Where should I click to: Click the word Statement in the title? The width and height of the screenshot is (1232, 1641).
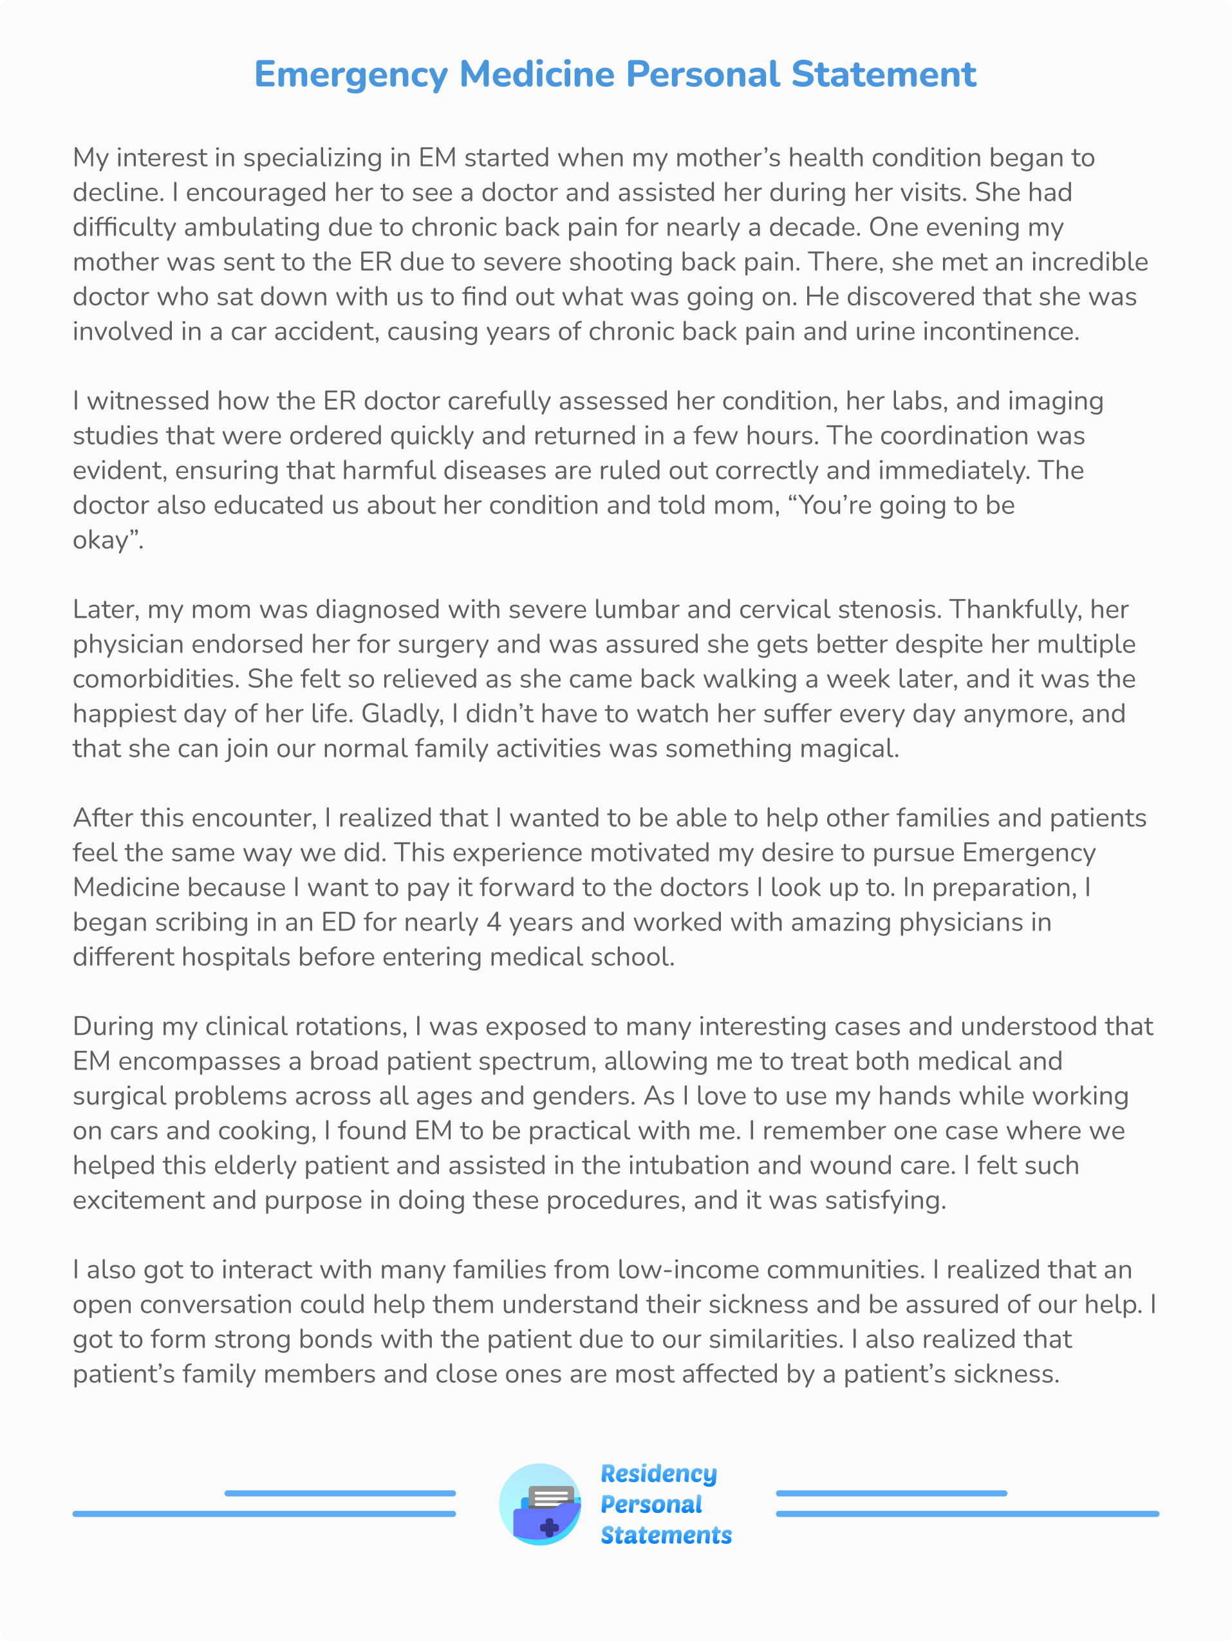click(883, 74)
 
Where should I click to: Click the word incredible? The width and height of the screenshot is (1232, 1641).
click(1088, 262)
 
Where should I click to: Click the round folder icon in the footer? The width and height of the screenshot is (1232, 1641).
click(540, 1505)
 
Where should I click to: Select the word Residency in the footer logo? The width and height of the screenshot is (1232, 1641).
click(658, 1474)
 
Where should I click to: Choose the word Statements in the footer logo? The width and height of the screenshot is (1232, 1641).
click(666, 1535)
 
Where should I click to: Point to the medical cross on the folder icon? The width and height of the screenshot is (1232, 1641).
click(549, 1526)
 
